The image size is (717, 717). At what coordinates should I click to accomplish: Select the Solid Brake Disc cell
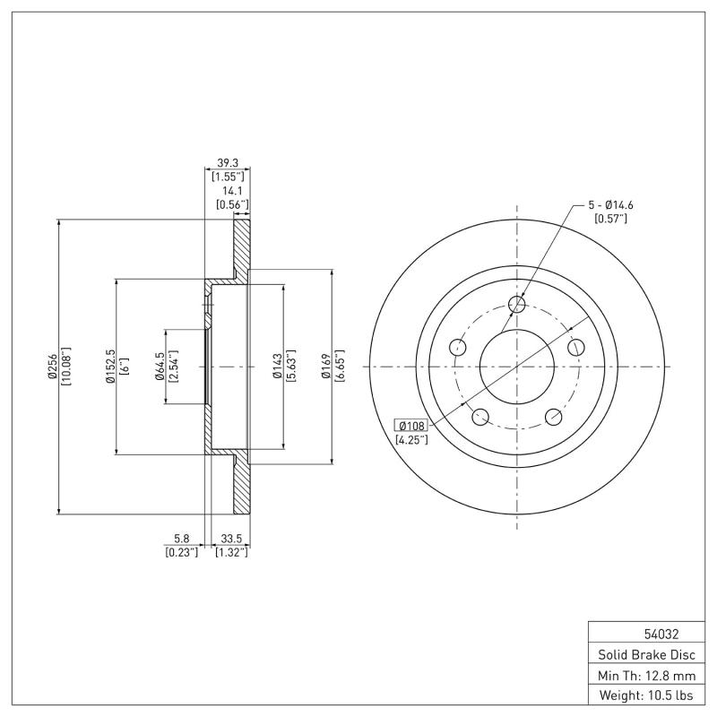tap(646, 653)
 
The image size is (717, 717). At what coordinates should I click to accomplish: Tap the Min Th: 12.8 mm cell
tap(646, 674)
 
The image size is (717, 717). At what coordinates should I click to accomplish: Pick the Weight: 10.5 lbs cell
tap(646, 695)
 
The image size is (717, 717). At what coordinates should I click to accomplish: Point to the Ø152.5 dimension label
tap(110, 367)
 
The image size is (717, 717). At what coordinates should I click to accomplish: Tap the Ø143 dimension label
tap(277, 367)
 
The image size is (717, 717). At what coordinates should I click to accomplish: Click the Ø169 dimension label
tap(326, 367)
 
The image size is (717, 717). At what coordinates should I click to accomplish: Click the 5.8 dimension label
tap(181, 539)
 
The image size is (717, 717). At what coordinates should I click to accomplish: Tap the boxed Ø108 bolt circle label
tap(411, 425)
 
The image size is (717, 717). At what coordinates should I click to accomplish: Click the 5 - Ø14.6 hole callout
tap(611, 204)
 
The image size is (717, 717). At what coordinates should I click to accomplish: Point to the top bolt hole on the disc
tap(516, 306)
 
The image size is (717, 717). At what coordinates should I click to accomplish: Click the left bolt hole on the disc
tap(458, 348)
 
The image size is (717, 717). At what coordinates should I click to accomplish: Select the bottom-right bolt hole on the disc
tap(553, 416)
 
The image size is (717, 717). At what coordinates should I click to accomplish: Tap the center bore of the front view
tap(516, 367)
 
